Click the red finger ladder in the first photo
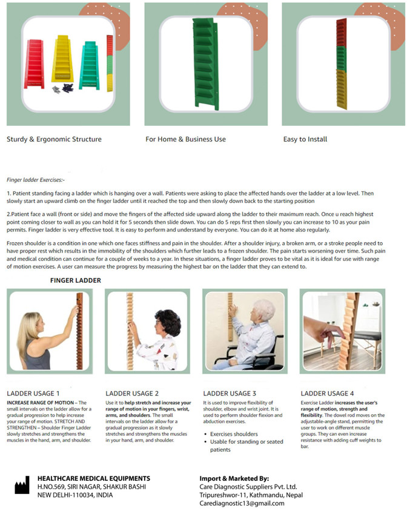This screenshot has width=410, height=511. [34, 64]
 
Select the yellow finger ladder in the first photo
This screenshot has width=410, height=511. [62, 59]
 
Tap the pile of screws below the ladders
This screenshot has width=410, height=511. [63, 88]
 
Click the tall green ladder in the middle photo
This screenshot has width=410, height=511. [205, 63]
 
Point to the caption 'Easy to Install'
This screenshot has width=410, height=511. [305, 139]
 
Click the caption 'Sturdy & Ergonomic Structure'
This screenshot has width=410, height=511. [54, 139]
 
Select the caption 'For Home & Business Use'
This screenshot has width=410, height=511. [185, 139]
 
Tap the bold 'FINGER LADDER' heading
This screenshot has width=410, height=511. [76, 280]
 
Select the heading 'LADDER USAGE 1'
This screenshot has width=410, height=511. [33, 394]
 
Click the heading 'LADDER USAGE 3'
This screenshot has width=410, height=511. [230, 394]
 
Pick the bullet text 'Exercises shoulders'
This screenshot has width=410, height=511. [234, 434]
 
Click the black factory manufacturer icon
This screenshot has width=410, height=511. [22, 485]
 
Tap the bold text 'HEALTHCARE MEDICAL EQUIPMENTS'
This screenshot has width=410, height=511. [94, 478]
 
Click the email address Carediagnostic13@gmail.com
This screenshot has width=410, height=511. [242, 503]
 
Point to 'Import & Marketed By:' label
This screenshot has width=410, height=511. [234, 478]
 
